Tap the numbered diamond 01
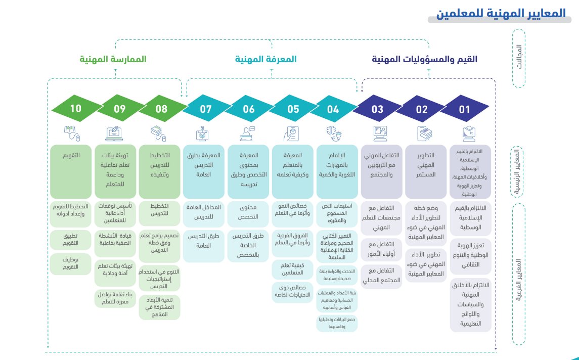point(465,108)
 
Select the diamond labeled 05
point(293,108)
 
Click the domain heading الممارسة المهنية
point(113,59)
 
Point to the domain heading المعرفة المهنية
point(265,59)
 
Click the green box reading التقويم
point(71,171)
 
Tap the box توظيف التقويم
point(71,262)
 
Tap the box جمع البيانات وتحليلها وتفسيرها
point(337,323)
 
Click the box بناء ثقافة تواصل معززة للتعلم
point(115,298)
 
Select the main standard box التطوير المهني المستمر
point(426,171)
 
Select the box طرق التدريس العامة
point(204,241)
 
